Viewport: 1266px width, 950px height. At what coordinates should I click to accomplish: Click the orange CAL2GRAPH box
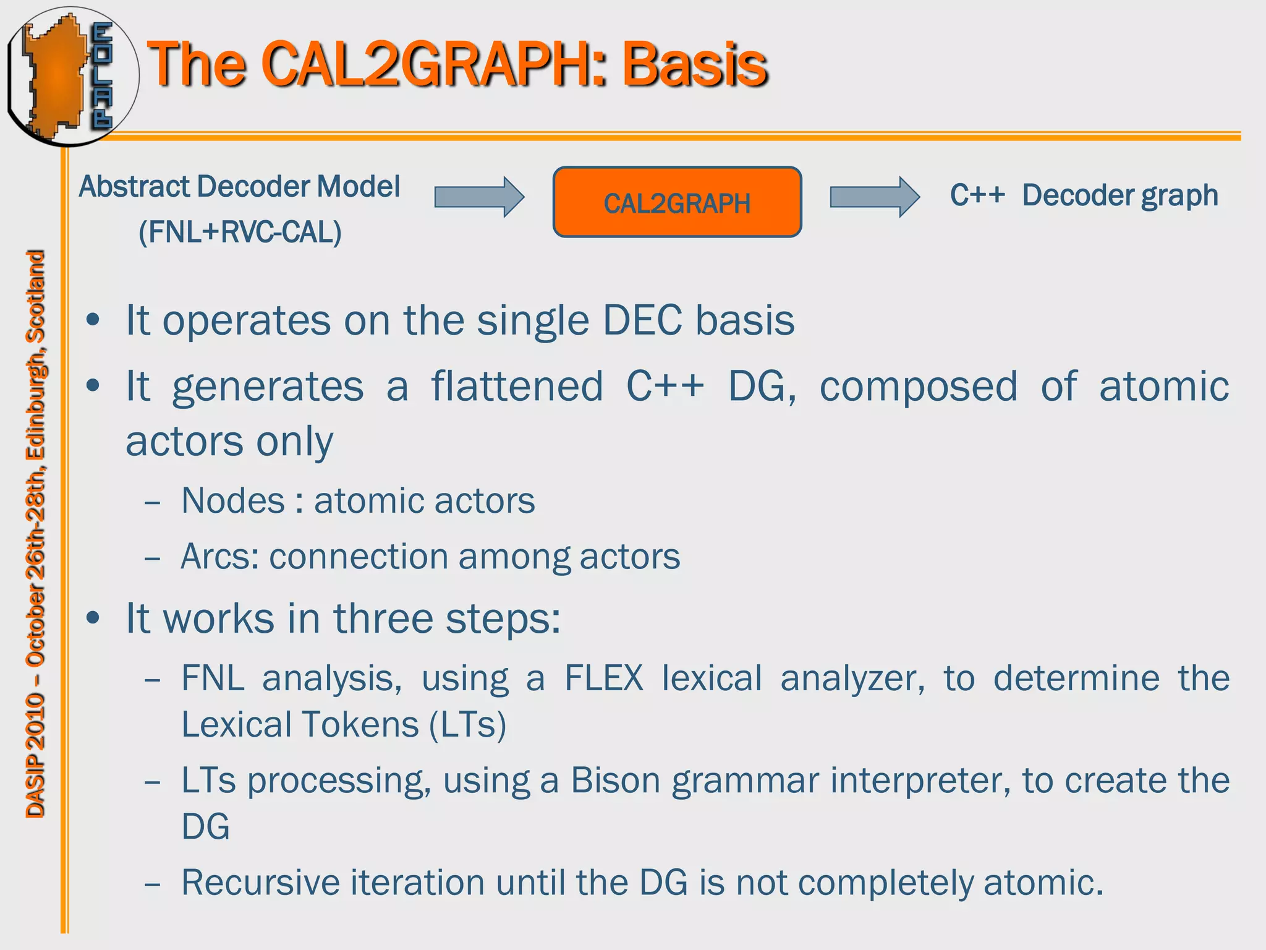[x=677, y=202]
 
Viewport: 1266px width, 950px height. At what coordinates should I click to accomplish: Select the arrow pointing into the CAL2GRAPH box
[x=479, y=197]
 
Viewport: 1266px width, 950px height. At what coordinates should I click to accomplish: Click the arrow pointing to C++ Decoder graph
[x=874, y=197]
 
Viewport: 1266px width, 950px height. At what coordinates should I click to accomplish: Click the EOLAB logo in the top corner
[x=71, y=75]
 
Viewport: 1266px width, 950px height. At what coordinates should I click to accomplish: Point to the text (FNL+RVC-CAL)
[x=240, y=233]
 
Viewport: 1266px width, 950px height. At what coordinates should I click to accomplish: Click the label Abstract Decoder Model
[x=240, y=186]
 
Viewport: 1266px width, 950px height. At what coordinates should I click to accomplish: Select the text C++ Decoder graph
[x=1084, y=195]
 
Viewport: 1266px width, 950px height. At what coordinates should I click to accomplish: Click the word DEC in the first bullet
[x=644, y=320]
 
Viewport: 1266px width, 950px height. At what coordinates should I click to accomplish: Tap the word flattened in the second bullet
[x=517, y=386]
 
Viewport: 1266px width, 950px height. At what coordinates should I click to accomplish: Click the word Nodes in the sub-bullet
[x=233, y=500]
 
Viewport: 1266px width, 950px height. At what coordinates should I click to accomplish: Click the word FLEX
[x=604, y=678]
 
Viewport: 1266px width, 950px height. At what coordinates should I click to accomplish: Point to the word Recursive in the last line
[x=260, y=882]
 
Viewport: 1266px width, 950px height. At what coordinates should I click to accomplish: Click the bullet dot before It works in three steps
[x=93, y=618]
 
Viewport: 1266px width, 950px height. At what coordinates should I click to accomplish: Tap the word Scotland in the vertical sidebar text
[x=35, y=296]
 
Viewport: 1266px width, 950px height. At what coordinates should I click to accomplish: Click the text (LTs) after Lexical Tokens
[x=468, y=725]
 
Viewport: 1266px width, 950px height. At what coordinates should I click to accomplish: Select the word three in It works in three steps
[x=383, y=618]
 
